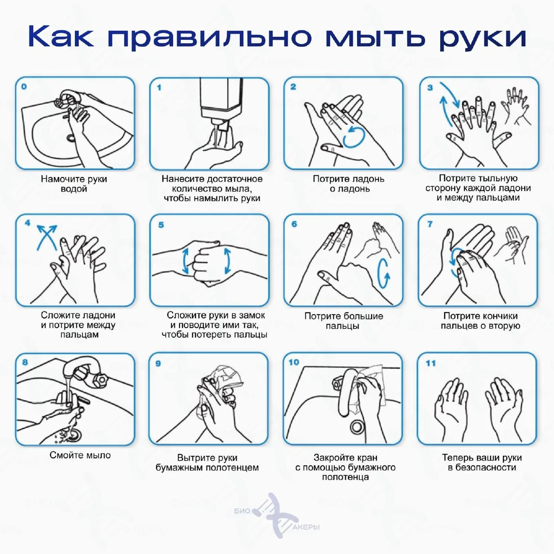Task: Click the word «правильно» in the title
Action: [209, 37]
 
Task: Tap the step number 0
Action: [24, 87]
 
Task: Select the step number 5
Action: [161, 225]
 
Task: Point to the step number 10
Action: [294, 362]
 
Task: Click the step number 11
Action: [431, 364]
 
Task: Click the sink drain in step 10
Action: [357, 426]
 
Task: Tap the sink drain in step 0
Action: [71, 138]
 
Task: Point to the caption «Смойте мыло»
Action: [80, 455]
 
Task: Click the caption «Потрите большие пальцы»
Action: [344, 321]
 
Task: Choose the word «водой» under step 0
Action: [74, 189]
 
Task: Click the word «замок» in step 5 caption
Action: [251, 316]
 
